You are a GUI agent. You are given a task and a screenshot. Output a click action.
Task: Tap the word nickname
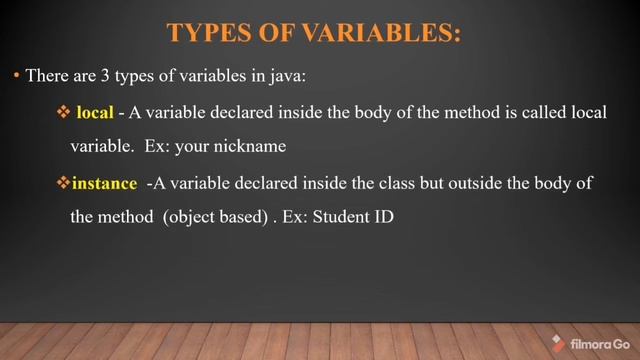click(x=255, y=146)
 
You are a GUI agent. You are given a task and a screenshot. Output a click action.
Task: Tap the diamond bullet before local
click(x=62, y=113)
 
